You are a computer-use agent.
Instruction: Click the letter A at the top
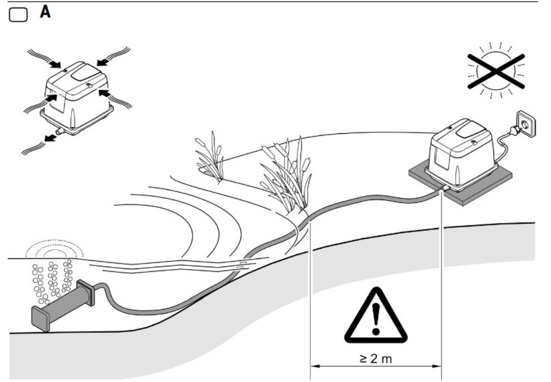point(45,12)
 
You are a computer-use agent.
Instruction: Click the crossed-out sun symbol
point(496,70)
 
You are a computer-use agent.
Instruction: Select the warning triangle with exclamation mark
point(376,315)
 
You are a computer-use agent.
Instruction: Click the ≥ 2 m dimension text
point(376,359)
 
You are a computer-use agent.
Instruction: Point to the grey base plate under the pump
point(460,182)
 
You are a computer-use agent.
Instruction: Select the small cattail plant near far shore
point(210,156)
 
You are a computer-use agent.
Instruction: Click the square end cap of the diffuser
point(41,319)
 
